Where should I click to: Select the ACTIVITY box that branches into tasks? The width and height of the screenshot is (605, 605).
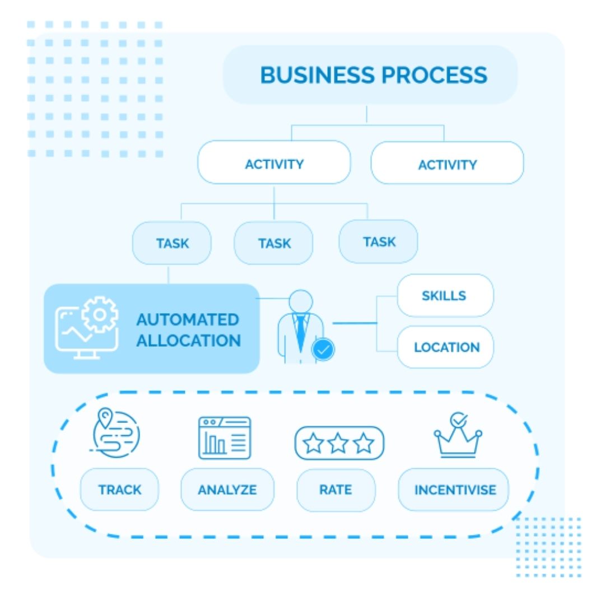pyautogui.click(x=274, y=164)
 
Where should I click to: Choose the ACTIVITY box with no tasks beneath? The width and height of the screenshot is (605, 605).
pyautogui.click(x=447, y=165)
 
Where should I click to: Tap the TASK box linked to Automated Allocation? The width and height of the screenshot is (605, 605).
pyautogui.click(x=172, y=244)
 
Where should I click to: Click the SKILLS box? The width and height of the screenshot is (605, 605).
pyautogui.click(x=444, y=295)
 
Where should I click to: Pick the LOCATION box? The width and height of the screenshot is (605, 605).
pyautogui.click(x=446, y=347)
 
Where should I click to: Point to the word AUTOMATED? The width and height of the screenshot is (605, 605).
pyautogui.click(x=187, y=320)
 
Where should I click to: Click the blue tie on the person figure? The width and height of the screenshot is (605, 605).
pyautogui.click(x=301, y=331)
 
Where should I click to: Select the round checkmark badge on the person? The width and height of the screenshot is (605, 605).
pyautogui.click(x=323, y=350)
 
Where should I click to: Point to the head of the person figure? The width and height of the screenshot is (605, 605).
pyautogui.click(x=301, y=301)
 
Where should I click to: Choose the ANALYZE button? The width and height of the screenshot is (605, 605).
pyautogui.click(x=227, y=490)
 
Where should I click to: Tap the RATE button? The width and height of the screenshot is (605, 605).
pyautogui.click(x=335, y=490)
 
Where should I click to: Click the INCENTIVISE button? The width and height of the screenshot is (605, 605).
pyautogui.click(x=455, y=490)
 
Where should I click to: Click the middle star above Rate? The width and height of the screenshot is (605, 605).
pyautogui.click(x=338, y=443)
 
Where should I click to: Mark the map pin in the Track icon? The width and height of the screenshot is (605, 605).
pyautogui.click(x=105, y=417)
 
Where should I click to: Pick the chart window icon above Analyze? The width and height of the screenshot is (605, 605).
pyautogui.click(x=225, y=438)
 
